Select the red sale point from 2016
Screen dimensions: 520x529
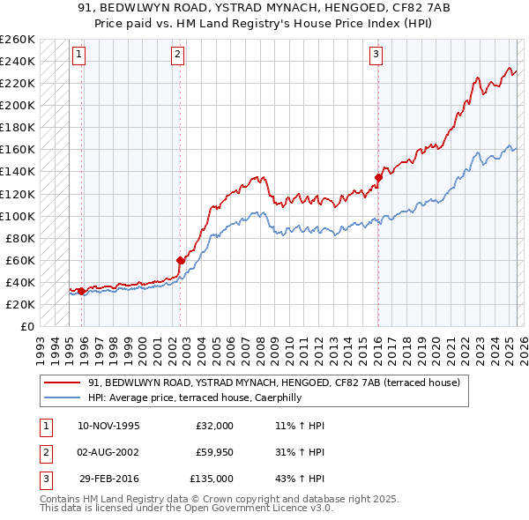click(378, 177)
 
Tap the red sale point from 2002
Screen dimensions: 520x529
click(180, 260)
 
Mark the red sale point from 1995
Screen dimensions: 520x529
click(81, 291)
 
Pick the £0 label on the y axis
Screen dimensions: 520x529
click(26, 326)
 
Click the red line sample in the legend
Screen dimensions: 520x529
click(63, 383)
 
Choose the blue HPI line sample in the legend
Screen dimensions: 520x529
click(63, 397)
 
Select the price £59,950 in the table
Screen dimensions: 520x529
click(215, 452)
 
